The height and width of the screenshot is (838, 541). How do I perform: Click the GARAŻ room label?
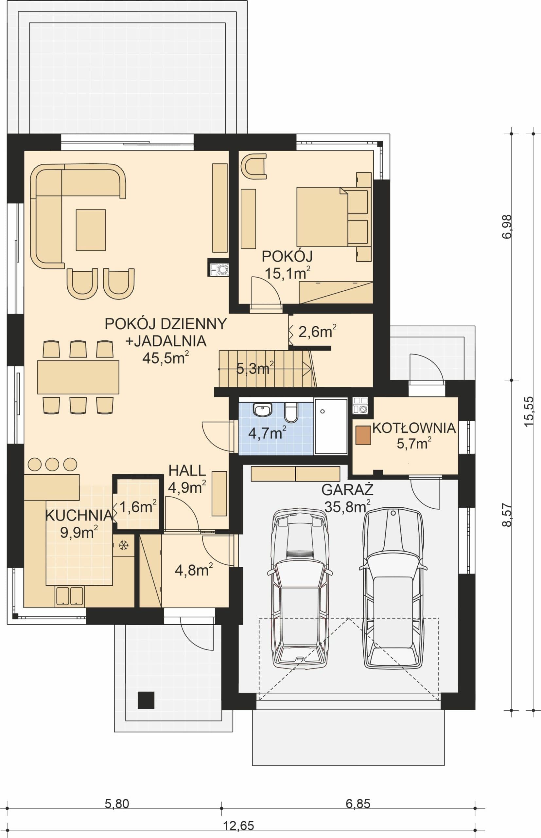pyautogui.click(x=347, y=490)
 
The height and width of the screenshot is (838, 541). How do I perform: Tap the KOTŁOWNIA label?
pyautogui.click(x=414, y=428)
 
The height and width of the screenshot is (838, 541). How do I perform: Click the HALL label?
pyautogui.click(x=187, y=471)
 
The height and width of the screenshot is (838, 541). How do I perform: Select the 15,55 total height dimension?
pyautogui.click(x=529, y=411)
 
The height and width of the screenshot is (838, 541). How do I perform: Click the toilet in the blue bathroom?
pyautogui.click(x=291, y=412)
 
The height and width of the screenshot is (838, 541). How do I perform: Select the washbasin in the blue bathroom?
pyautogui.click(x=262, y=410)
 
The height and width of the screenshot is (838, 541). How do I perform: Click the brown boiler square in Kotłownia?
pyautogui.click(x=363, y=435)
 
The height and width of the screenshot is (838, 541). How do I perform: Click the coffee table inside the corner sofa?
pyautogui.click(x=91, y=230)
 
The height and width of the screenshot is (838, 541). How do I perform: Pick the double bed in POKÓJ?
pyautogui.click(x=334, y=217)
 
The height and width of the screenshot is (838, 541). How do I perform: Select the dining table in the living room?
pyautogui.click(x=78, y=377)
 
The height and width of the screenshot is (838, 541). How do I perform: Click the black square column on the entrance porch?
pyautogui.click(x=146, y=700)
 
